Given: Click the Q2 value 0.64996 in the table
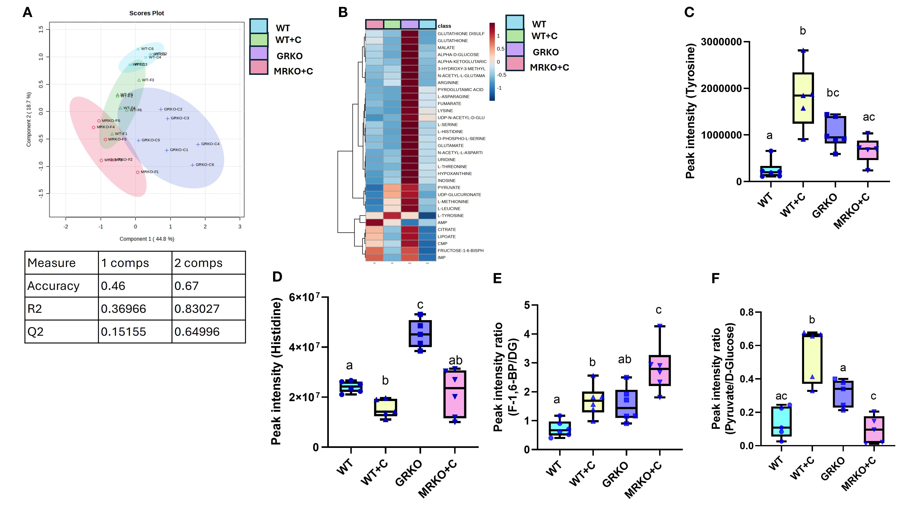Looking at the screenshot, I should pos(197,332).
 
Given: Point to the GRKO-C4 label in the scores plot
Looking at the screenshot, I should pos(210,144).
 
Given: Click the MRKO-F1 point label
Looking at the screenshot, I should pos(149,172).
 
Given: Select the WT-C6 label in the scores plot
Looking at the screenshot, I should pos(147,49).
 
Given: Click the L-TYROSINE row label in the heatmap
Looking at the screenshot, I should pos(450,216).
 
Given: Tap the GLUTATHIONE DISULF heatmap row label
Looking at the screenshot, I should pos(461,34).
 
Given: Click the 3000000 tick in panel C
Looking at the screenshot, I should pos(721,42).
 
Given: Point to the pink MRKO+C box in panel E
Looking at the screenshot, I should pos(660,370).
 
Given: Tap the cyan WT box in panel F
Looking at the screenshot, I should pos(781,421).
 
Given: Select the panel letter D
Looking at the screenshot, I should pos(277,277).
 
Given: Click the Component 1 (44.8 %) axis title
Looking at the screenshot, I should pos(147,239).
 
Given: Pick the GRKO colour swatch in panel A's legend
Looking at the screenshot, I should pos(259,54).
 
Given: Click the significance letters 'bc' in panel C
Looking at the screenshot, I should pos(833,93).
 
